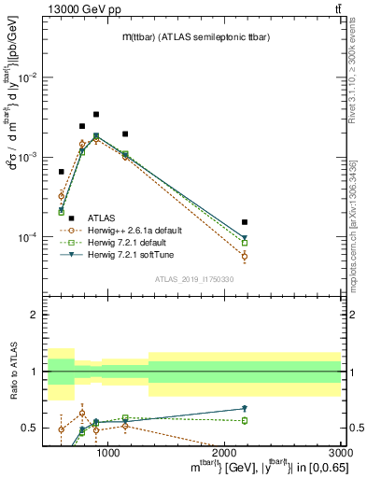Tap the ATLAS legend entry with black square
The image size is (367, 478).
(x=105, y=218)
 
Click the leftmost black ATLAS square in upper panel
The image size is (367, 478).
(x=62, y=172)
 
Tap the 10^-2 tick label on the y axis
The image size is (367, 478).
(x=29, y=77)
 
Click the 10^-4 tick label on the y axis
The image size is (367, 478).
(x=29, y=237)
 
